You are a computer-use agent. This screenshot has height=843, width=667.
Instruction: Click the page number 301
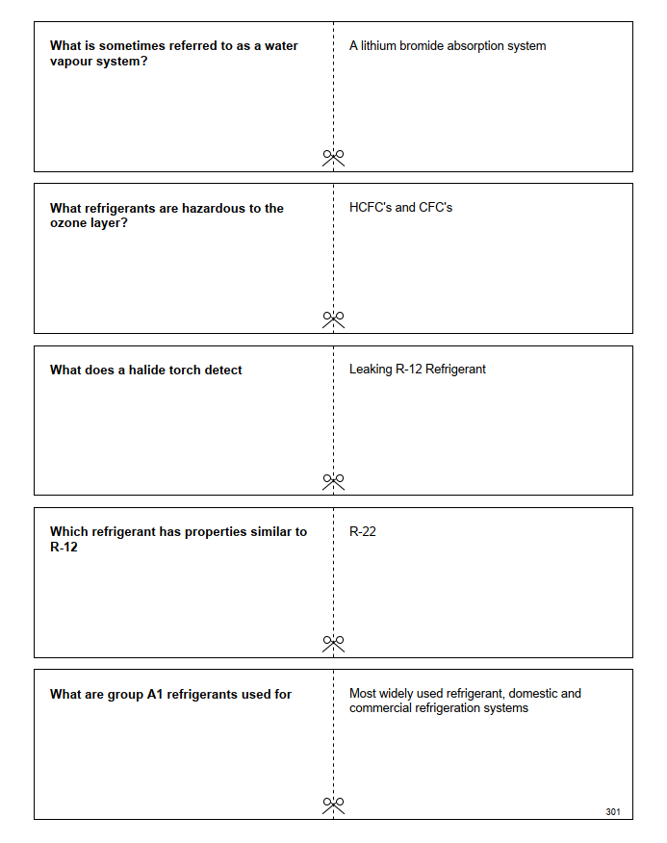(x=613, y=812)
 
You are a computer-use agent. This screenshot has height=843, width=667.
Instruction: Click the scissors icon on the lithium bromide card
(x=333, y=157)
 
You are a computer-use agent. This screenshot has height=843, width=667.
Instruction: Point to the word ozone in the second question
(x=70, y=223)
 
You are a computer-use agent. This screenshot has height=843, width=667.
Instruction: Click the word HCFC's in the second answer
(x=371, y=207)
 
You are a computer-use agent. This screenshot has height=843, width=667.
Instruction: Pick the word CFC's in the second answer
(x=435, y=207)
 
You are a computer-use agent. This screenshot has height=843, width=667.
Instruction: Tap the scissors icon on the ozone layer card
(x=333, y=319)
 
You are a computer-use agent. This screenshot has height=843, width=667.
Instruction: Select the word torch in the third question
(x=191, y=370)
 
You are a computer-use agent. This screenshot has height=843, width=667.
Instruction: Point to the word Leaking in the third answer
(x=371, y=369)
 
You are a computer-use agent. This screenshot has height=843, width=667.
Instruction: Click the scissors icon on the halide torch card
(x=333, y=480)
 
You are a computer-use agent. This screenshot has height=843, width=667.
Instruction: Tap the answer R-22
(x=363, y=531)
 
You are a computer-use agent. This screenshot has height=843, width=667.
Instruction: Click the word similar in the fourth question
(x=265, y=531)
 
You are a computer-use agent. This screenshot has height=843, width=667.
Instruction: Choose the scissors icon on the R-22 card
(x=333, y=642)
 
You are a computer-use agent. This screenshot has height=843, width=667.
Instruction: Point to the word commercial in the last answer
(x=380, y=708)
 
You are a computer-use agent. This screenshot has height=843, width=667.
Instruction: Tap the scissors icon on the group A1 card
(x=333, y=804)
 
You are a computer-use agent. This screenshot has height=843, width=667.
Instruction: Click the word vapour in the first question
(x=74, y=62)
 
